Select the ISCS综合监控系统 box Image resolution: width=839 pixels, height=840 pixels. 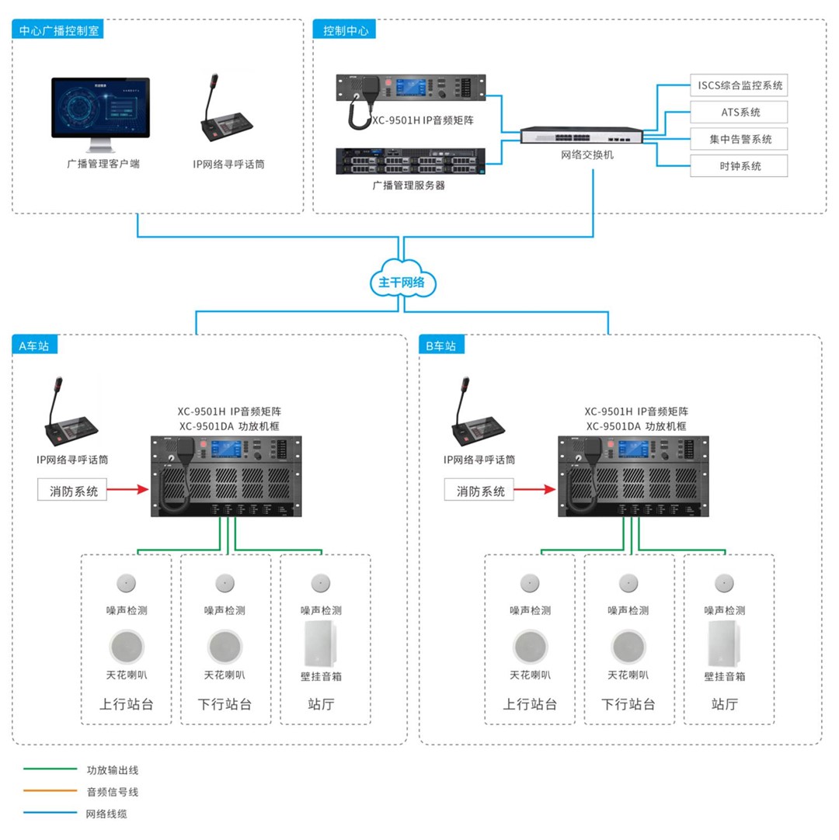click(739, 85)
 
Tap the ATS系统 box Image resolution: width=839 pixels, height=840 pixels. click(739, 112)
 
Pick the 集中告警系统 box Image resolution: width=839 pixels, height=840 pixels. click(739, 139)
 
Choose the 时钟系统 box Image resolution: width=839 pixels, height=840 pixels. click(739, 166)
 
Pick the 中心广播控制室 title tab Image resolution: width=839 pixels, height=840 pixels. click(59, 31)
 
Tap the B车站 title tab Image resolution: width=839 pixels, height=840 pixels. click(441, 345)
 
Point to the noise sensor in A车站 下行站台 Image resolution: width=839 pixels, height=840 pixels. click(225, 583)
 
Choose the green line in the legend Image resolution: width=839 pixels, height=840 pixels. click(50, 770)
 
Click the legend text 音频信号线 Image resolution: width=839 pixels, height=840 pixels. click(112, 792)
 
